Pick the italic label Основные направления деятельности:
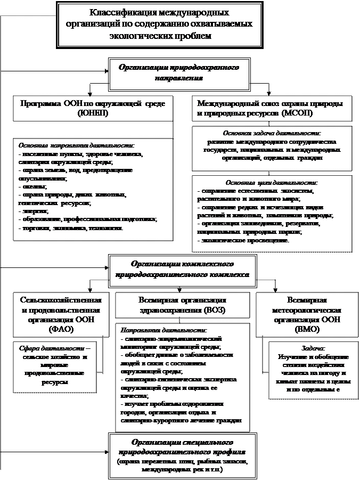(x=77, y=145)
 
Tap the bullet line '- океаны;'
(x=33, y=187)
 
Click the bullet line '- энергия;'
(x=33, y=211)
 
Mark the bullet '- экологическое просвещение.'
(x=244, y=241)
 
